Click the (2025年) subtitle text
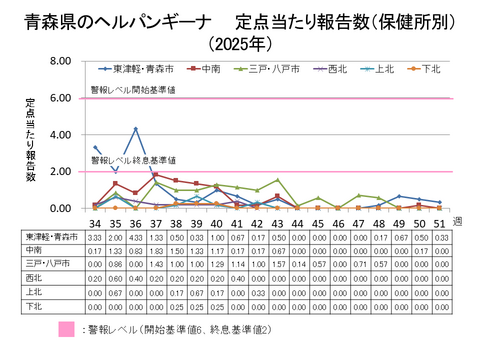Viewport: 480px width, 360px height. coord(240,43)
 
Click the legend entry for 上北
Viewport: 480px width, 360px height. coord(383,69)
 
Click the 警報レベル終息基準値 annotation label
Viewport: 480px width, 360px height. coord(133,159)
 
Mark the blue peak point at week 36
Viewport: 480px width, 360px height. coord(135,128)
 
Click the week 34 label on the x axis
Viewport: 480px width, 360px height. coord(94,222)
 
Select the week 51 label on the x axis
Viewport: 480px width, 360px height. coord(439,222)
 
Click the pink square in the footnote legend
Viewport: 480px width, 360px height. coord(67,328)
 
